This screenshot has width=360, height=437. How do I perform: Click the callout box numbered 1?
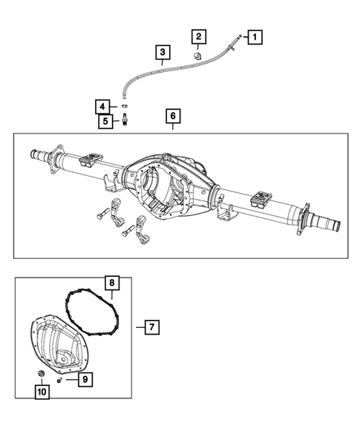click(254, 36)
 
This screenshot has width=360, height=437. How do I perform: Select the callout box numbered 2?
click(198, 36)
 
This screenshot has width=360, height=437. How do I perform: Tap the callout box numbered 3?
click(161, 52)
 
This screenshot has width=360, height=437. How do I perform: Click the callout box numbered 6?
click(172, 116)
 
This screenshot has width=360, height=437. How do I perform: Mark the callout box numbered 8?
click(111, 283)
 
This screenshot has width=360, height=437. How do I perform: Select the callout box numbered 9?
click(85, 379)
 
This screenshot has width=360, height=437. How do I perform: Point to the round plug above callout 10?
click(40, 372)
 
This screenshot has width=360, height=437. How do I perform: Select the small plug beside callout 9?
click(68, 379)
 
